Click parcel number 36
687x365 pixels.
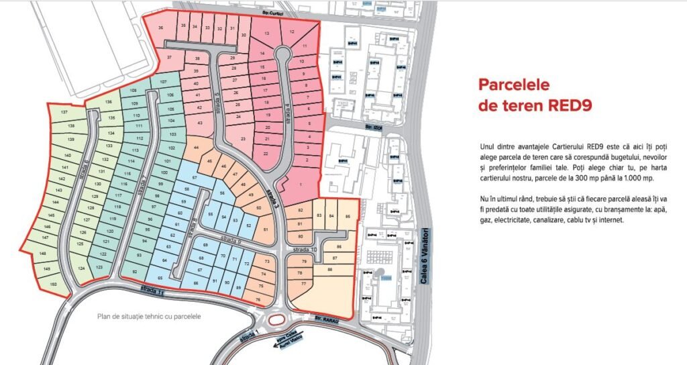160,28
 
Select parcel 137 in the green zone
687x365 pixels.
64,112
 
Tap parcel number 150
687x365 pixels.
53,284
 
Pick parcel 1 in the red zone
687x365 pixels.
300,185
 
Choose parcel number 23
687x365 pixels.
242,139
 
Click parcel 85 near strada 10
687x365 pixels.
347,216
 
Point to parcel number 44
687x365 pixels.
196,147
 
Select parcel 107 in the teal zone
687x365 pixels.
163,81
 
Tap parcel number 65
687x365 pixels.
159,278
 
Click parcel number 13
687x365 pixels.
267,33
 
